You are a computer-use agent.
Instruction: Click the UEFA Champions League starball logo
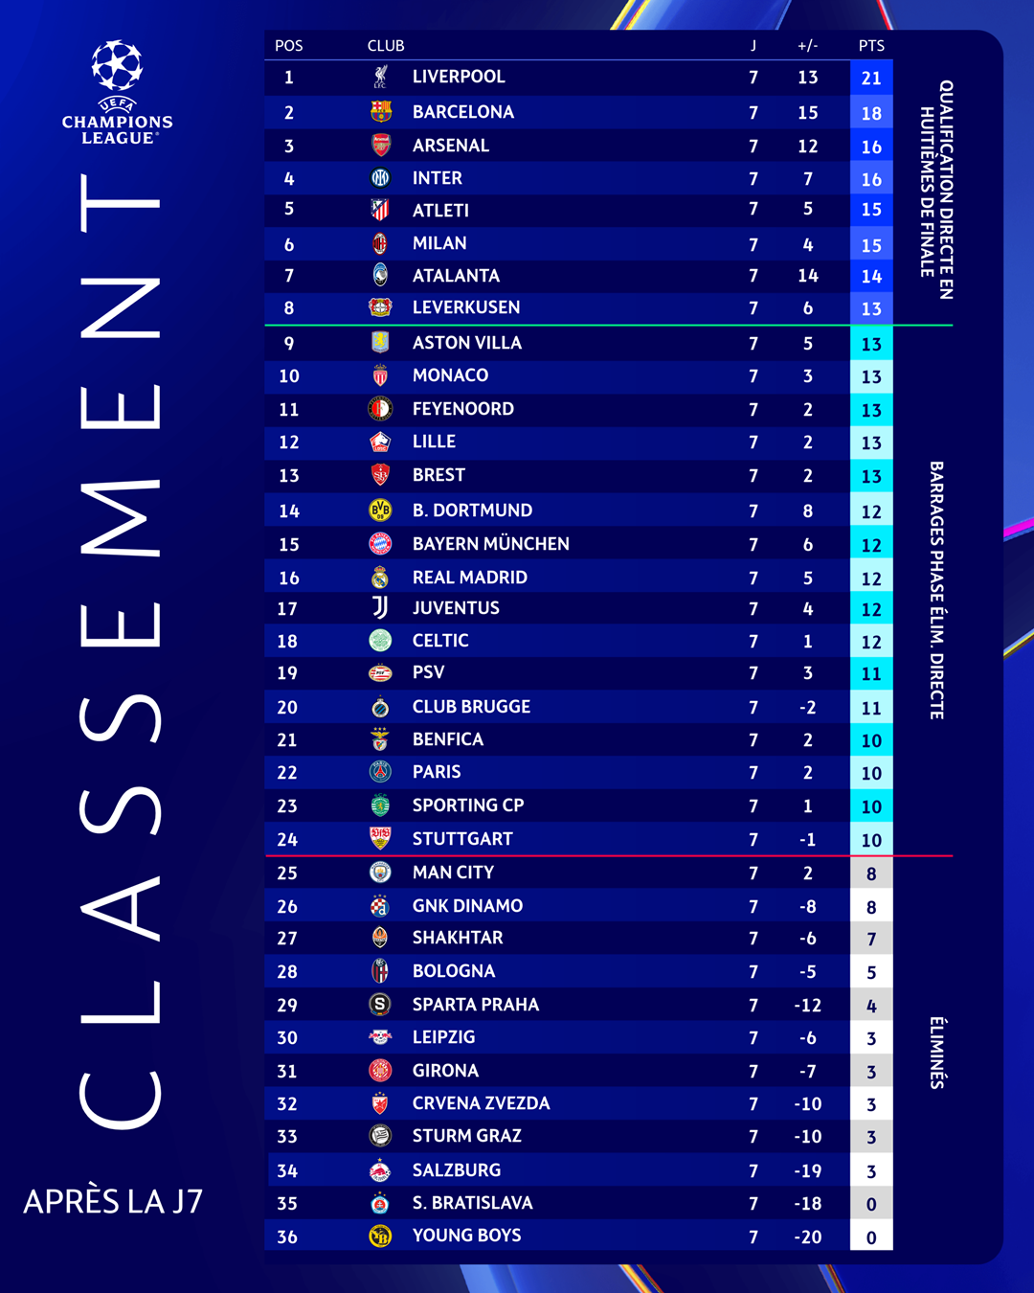(x=117, y=65)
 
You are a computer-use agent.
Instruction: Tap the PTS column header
(x=871, y=46)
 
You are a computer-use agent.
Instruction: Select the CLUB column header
(x=386, y=46)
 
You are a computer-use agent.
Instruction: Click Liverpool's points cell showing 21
(x=871, y=78)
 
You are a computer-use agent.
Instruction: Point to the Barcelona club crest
(x=381, y=112)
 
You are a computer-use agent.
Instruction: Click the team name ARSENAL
(x=451, y=146)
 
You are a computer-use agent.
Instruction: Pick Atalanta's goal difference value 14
(x=807, y=276)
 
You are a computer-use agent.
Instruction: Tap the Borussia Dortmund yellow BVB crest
(x=380, y=510)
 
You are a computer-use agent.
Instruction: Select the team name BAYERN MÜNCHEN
(x=491, y=543)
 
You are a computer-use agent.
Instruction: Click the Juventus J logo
(x=380, y=608)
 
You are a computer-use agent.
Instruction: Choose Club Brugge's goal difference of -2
(x=807, y=707)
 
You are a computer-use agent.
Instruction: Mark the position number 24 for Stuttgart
(x=287, y=839)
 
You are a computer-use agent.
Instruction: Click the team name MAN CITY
(x=453, y=873)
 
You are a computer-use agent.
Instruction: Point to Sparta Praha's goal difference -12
(x=807, y=1006)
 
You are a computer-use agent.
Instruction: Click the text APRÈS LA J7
(x=113, y=1201)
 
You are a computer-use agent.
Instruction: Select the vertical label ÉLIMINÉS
(x=936, y=1053)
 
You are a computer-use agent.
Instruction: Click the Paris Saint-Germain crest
(x=380, y=772)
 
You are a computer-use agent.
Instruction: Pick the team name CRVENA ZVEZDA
(x=481, y=1103)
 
